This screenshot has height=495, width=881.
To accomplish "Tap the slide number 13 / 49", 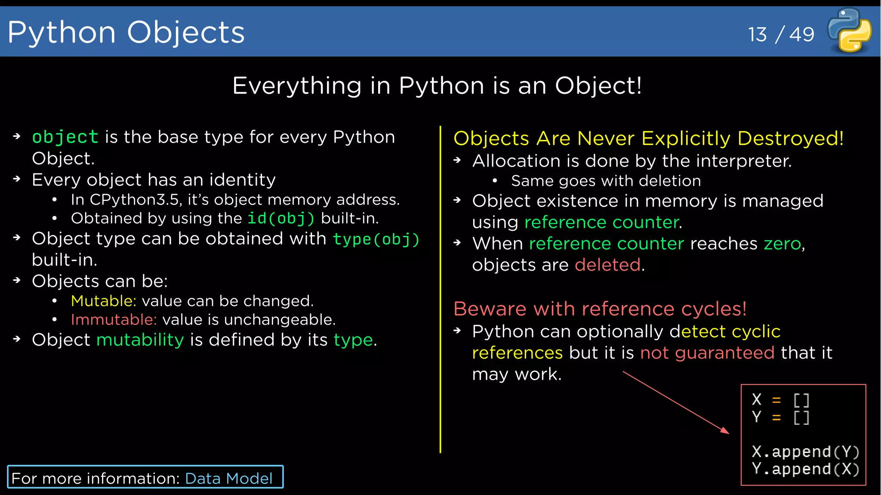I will [x=781, y=34].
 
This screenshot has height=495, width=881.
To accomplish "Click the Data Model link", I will [x=228, y=478].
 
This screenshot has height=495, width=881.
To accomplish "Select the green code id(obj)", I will [x=281, y=218].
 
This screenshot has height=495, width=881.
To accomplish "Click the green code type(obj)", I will [x=376, y=239].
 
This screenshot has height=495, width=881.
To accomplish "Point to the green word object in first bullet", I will [x=65, y=137].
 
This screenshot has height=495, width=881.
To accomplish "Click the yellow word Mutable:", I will [x=103, y=301].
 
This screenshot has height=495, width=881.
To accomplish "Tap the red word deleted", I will [x=607, y=265].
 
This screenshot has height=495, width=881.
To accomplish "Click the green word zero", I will [x=782, y=244].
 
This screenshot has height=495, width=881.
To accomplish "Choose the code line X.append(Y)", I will [x=805, y=452].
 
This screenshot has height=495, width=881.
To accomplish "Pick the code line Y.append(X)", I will [x=805, y=469].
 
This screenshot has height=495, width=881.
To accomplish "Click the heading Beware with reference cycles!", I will [x=600, y=309].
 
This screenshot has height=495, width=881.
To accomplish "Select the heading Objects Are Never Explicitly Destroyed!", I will [x=648, y=138].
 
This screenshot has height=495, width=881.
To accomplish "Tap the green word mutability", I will [x=140, y=340].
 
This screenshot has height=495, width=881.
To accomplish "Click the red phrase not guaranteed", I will [x=707, y=353].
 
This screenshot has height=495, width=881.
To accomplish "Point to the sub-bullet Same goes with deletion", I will [x=606, y=181].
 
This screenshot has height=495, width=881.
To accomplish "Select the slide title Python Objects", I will [x=126, y=32].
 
